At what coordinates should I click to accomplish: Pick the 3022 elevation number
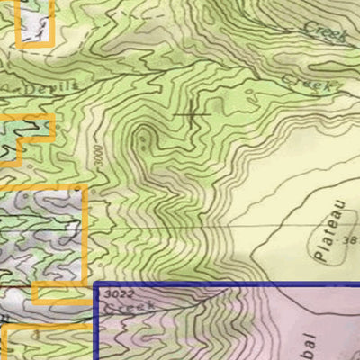click(x=114, y=292)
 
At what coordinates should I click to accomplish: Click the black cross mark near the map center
click(x=192, y=114)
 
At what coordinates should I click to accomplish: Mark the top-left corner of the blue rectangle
click(x=95, y=283)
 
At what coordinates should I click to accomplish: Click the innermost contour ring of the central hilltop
click(x=143, y=139)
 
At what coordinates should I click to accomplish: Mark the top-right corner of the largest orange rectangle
click(x=85, y=187)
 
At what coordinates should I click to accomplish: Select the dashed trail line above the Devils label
click(x=54, y=67)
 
